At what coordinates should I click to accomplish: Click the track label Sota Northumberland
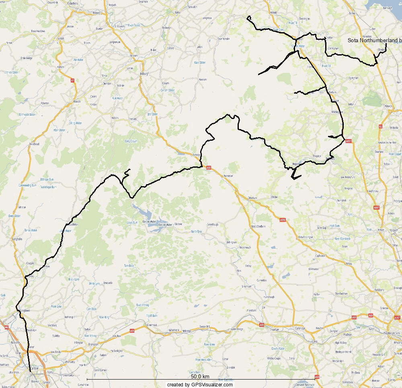[374, 40]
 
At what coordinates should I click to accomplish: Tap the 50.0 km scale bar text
[200, 377]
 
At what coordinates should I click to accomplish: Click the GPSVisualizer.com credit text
[200, 385]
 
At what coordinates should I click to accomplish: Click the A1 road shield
[380, 126]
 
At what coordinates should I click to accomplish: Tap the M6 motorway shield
[6, 327]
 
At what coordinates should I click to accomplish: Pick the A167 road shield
[394, 318]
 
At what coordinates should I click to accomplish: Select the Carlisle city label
[35, 367]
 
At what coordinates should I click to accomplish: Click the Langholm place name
[17, 239]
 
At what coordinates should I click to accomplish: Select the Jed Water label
[153, 114]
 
